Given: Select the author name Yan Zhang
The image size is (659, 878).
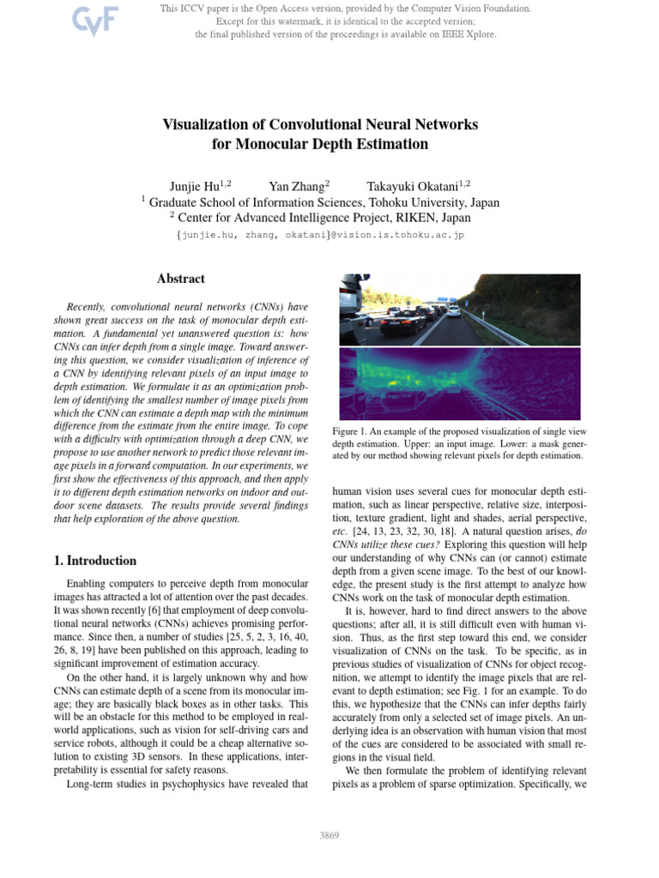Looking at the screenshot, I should pos(297,185).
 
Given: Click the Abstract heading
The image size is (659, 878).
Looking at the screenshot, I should pos(181,279).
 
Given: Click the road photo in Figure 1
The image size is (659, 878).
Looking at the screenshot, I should pos(459,309).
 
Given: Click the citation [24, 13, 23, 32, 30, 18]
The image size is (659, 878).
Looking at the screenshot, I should pos(404,532).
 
